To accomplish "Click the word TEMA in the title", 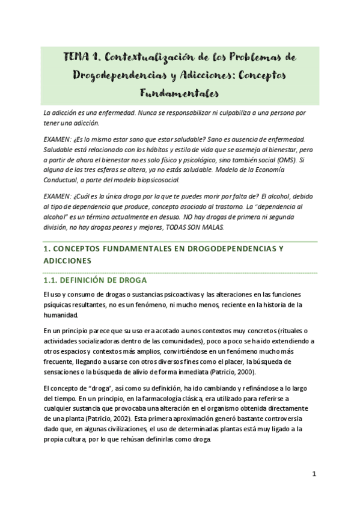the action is point(76,57).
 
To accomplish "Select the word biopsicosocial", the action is point(160,179).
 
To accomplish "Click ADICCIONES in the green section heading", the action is point(67,261).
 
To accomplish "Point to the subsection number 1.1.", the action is point(55,280).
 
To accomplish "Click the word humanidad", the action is point(61,314).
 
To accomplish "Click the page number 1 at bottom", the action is point(314,474).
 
